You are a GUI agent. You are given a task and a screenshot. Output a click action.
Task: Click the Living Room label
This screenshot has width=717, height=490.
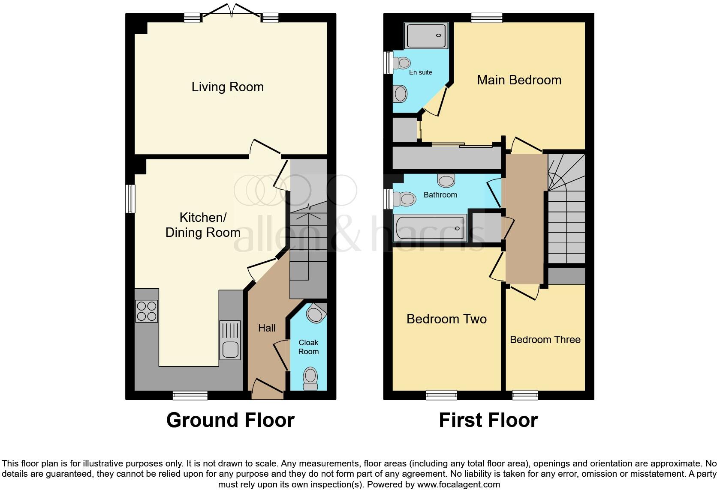227,87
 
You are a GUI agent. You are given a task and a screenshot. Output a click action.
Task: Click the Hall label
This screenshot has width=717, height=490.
267,328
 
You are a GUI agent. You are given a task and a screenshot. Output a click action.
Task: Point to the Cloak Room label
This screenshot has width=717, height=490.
308,347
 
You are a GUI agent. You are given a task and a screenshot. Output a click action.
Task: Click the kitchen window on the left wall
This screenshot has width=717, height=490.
130,198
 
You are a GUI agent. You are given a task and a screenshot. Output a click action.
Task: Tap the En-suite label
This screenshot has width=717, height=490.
420,72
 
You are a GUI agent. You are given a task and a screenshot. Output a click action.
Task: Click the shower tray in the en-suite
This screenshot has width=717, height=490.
426,36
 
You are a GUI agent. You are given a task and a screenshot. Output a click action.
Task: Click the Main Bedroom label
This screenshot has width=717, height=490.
519,80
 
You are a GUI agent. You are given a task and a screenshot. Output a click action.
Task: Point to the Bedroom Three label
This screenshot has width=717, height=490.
545,340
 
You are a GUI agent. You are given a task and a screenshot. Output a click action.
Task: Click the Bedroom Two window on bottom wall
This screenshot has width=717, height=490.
441,395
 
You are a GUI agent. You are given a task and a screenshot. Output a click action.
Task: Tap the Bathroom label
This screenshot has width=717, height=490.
440,195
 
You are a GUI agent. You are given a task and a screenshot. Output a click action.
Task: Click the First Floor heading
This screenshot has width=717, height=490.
488,420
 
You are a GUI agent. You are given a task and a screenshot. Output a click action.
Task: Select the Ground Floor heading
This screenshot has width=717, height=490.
230,420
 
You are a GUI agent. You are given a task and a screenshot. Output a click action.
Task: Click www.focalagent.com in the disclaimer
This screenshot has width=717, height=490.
458,485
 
